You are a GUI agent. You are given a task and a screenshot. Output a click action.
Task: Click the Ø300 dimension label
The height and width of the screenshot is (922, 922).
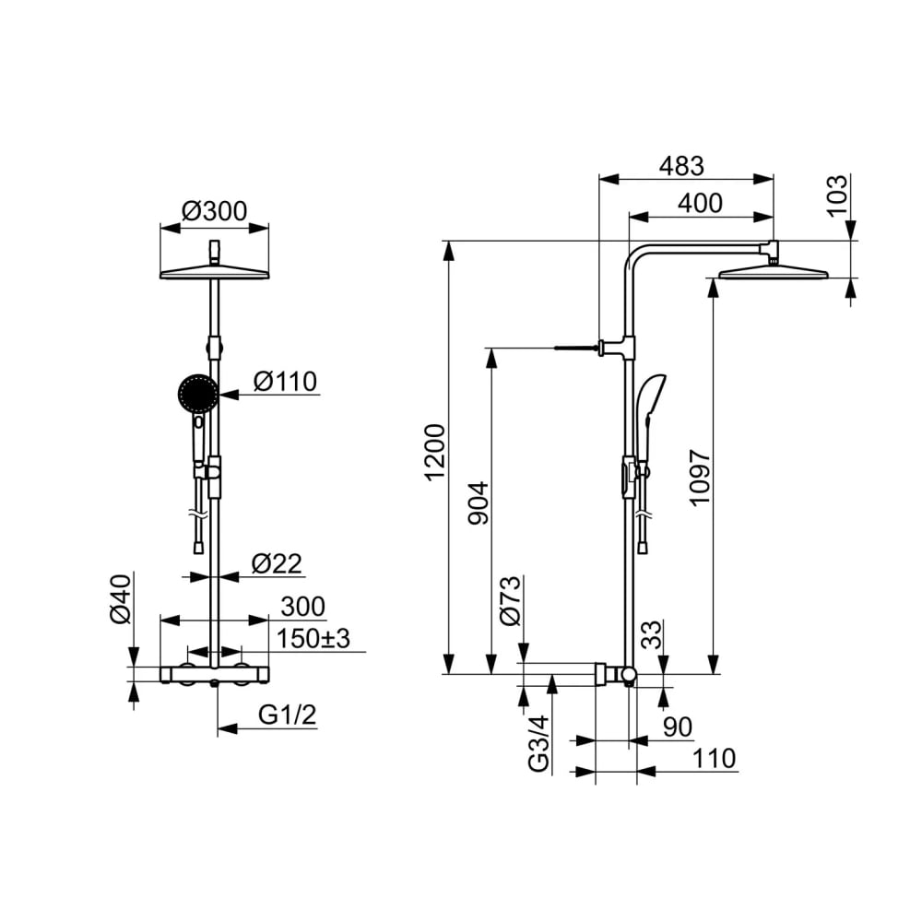click(x=215, y=210)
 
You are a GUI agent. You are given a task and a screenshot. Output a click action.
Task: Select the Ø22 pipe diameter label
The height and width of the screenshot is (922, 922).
click(x=277, y=563)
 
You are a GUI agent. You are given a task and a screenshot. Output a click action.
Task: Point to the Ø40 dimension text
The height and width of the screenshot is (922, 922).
click(x=121, y=599)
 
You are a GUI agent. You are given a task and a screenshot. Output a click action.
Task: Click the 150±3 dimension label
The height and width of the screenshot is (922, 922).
click(x=313, y=638)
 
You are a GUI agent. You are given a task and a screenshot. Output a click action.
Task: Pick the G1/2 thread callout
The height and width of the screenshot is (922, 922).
click(x=287, y=715)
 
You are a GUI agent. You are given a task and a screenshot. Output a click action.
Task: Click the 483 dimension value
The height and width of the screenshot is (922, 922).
click(x=681, y=166)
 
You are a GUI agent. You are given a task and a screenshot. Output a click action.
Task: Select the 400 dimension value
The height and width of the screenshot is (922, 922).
click(x=700, y=203)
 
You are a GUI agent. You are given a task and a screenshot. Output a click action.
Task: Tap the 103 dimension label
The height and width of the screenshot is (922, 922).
click(x=837, y=195)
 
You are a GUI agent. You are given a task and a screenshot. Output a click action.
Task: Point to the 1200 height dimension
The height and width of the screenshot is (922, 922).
click(x=436, y=453)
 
